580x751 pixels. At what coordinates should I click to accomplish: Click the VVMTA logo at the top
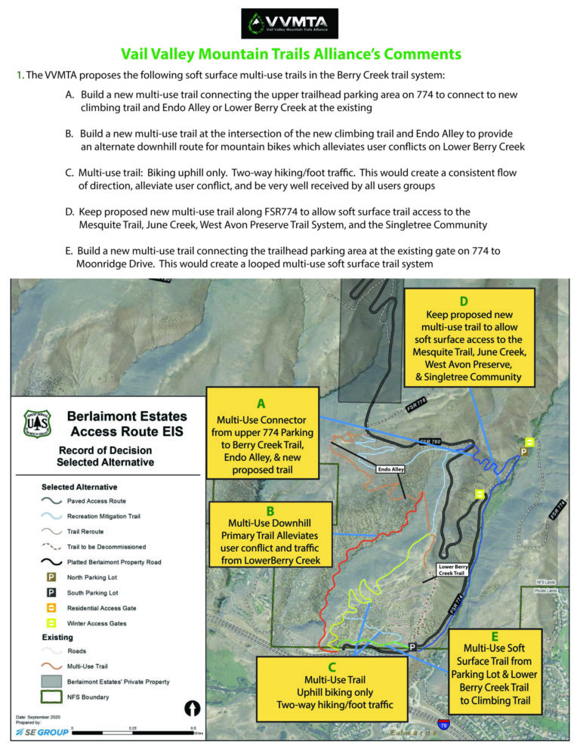pos(289,23)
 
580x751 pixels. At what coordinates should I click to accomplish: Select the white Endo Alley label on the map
pos(393,469)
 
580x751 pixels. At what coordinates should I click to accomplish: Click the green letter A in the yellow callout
pos(261,403)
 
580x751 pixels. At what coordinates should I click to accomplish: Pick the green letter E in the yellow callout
pos(495,635)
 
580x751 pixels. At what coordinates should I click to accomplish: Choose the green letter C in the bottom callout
pos(333,667)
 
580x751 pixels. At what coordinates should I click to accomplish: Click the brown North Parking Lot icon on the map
pos(523,452)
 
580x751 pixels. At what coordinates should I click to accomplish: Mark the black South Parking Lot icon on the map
pos(412,647)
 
